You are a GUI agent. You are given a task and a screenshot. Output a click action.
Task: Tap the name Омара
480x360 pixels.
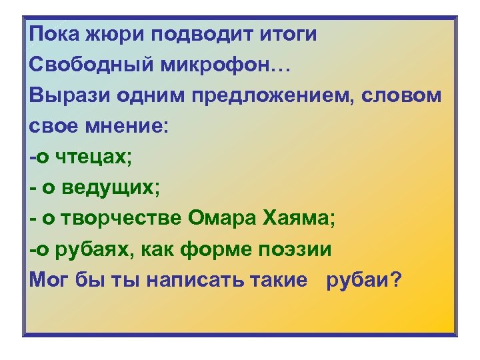click(x=221, y=219)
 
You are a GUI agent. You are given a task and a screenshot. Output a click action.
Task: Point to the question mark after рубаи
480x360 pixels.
click(x=397, y=280)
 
